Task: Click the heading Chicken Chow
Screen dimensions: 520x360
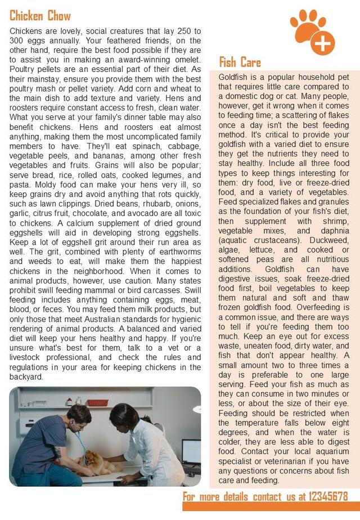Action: pos(40,15)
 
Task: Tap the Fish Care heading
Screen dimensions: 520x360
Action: pos(240,61)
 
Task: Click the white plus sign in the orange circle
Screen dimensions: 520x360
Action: pos(322,43)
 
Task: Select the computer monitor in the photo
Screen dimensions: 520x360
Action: pos(191,451)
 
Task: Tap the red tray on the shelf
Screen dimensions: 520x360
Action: pos(97,402)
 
